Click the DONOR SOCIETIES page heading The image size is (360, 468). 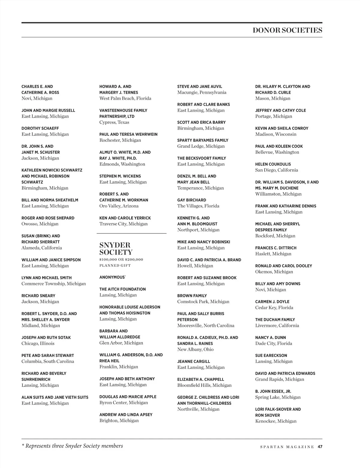pyautogui.click(x=287, y=30)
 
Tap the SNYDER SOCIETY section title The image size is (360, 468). pyautogui.click(x=116, y=249)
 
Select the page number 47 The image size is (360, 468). pyautogui.click(x=320, y=447)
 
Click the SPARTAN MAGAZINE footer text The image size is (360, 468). pyautogui.click(x=287, y=447)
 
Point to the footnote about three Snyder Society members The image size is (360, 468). pyautogui.click(x=72, y=446)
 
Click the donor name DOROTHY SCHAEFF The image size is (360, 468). pyautogui.click(x=40, y=128)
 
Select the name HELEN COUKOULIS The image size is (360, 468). pyautogui.click(x=273, y=164)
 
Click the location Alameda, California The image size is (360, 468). pyautogui.click(x=42, y=248)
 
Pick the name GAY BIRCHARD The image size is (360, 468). pyautogui.click(x=192, y=200)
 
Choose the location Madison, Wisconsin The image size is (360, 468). pyautogui.click(x=276, y=134)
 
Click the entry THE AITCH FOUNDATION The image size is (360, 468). pyautogui.click(x=122, y=289)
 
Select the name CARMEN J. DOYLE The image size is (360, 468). pyautogui.click(x=272, y=302)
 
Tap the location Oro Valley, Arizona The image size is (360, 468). pyautogui.click(x=119, y=206)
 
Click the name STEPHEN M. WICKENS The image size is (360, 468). pyautogui.click(x=120, y=176)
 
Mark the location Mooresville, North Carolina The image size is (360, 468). pyautogui.click(x=206, y=326)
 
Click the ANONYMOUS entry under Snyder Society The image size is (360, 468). pyautogui.click(x=112, y=277)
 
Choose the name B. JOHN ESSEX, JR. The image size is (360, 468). pyautogui.click(x=273, y=391)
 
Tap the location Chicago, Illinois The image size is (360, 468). pyautogui.click(x=38, y=343)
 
